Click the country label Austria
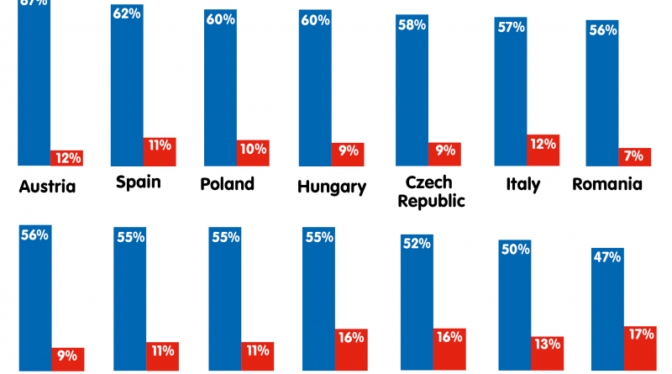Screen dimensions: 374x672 47,187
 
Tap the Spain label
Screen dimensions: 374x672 139,182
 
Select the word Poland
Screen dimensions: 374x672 227,183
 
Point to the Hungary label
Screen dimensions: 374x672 332,187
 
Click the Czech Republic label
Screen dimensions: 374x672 431,192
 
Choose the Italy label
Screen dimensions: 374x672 522,183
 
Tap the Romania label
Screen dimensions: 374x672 607,183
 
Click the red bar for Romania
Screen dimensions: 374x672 634,157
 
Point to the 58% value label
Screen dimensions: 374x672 412,25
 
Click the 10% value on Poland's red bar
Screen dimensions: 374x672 252,150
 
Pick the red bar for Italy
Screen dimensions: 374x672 543,150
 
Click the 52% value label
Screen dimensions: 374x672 417,244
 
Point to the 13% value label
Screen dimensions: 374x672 547,344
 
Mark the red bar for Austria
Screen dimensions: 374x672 66,158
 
